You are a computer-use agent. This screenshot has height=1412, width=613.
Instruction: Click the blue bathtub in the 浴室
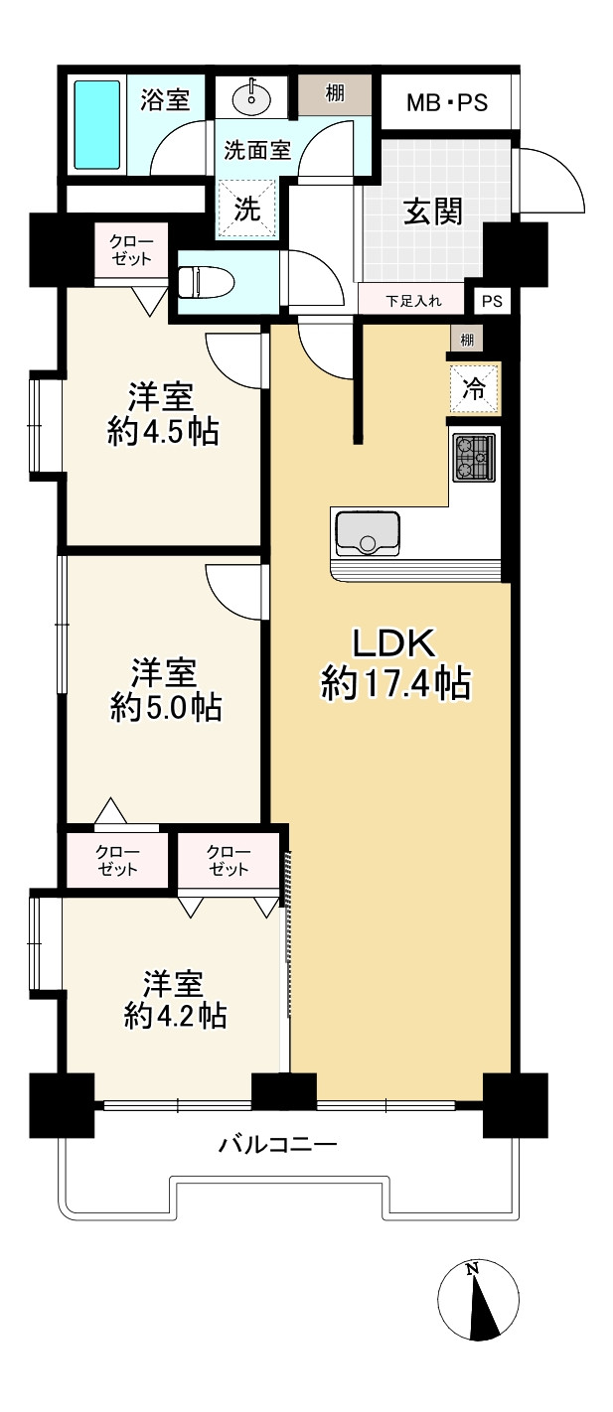click(x=97, y=124)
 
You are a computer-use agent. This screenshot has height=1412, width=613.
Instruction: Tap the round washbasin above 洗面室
click(x=252, y=97)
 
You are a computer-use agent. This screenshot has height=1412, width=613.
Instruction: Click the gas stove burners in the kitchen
click(x=474, y=458)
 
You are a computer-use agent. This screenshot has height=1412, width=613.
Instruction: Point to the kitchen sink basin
click(x=368, y=533)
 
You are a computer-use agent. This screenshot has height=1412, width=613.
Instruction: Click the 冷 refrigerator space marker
click(x=474, y=389)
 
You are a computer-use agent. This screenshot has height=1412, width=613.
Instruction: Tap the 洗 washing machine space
click(x=247, y=209)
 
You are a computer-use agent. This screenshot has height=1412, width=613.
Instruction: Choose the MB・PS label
click(x=447, y=102)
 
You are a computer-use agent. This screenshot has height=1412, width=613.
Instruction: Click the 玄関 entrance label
click(x=433, y=212)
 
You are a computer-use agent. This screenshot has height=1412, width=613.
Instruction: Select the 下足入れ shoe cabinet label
click(x=413, y=301)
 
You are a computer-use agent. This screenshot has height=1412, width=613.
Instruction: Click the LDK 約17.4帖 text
click(x=395, y=663)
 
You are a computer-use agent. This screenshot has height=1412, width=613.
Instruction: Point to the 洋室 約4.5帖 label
click(x=163, y=414)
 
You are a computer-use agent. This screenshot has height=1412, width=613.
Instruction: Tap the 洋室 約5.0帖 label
click(x=166, y=689)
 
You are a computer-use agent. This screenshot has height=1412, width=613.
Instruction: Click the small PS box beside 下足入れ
click(x=492, y=301)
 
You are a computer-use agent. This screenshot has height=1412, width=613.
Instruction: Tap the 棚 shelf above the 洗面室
click(x=335, y=94)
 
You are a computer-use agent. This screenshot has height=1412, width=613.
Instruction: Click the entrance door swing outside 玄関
click(x=551, y=181)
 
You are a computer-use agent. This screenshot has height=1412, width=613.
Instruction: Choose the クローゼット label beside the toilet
click(x=131, y=250)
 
